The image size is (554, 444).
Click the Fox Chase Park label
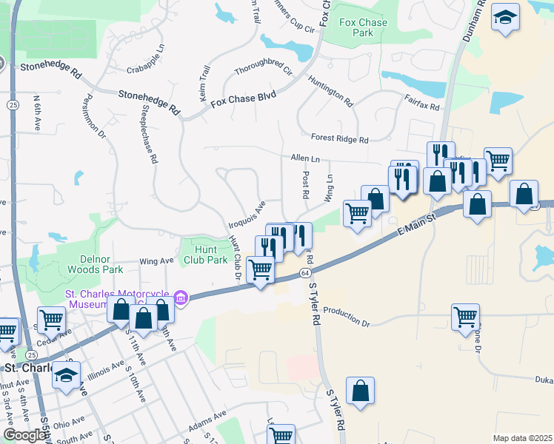coord(363,28)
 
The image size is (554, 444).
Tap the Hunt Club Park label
coord(205,255)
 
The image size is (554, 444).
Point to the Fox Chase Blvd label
coord(242,98)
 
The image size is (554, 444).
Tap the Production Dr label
coord(347,317)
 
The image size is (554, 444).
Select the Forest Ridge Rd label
coord(339,138)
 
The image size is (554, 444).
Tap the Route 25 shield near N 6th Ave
coord(13,106)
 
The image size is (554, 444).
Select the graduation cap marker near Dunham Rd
coord(506,18)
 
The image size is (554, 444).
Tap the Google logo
coord(24,435)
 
